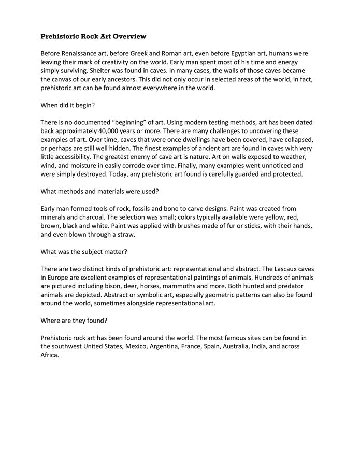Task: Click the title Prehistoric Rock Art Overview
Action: (93, 36)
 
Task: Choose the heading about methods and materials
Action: (99, 191)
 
